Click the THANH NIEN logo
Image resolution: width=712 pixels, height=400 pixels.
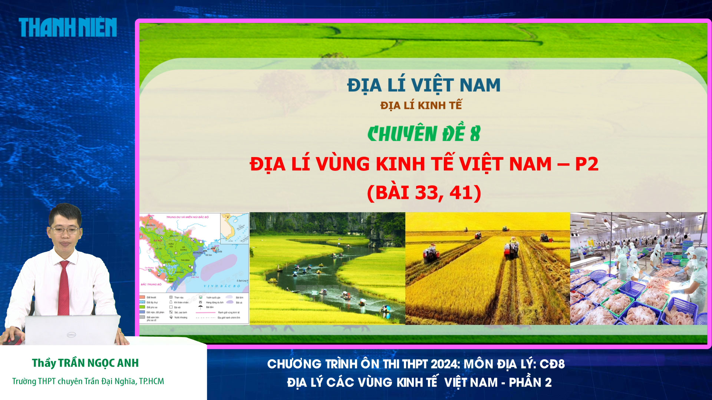pos(68,27)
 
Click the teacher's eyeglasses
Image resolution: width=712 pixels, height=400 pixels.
pos(65,230)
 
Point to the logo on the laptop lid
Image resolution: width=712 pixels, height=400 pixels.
pos(71,334)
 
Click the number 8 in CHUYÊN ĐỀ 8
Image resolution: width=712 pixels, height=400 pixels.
pos(475,134)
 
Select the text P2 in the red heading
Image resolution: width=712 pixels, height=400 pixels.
pos(586,164)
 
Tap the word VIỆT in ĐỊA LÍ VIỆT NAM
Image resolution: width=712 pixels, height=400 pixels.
pos(433,85)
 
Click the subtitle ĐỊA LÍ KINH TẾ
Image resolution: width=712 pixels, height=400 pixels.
pos(421,106)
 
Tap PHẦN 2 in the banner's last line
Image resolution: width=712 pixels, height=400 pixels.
pos(530,382)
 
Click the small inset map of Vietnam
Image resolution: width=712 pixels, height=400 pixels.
pos(234,227)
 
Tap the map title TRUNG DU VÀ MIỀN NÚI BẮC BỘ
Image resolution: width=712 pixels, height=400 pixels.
pos(187,217)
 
